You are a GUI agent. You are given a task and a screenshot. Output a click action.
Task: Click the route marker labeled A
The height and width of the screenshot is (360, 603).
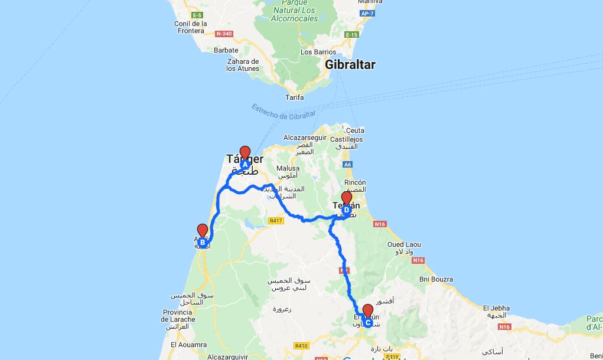[x=245, y=164]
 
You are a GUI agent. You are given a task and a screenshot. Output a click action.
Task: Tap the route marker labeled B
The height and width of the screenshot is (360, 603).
[x=203, y=242]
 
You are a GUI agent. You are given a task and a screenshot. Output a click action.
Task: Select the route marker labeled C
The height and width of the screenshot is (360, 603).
[x=367, y=322]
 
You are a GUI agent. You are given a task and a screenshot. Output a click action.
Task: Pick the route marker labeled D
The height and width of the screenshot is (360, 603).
[x=347, y=209]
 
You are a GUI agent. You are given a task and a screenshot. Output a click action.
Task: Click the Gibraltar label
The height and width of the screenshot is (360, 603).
[x=350, y=65]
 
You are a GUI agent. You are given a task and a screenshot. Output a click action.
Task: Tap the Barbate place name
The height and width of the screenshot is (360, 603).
[x=226, y=50]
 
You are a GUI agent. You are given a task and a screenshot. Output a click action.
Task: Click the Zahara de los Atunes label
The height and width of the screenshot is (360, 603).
[x=243, y=65]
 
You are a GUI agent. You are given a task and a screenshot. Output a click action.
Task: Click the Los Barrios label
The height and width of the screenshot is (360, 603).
[x=314, y=52]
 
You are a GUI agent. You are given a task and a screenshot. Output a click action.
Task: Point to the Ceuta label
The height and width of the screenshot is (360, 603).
[x=356, y=130]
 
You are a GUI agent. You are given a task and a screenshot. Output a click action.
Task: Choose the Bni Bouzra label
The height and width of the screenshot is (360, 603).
[x=436, y=279]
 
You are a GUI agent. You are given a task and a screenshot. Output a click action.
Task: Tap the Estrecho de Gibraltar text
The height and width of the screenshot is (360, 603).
[x=283, y=111]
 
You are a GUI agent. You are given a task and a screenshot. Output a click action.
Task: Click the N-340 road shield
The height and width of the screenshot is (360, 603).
[x=225, y=34]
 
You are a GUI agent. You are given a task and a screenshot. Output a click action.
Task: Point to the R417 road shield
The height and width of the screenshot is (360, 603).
[x=275, y=221]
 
